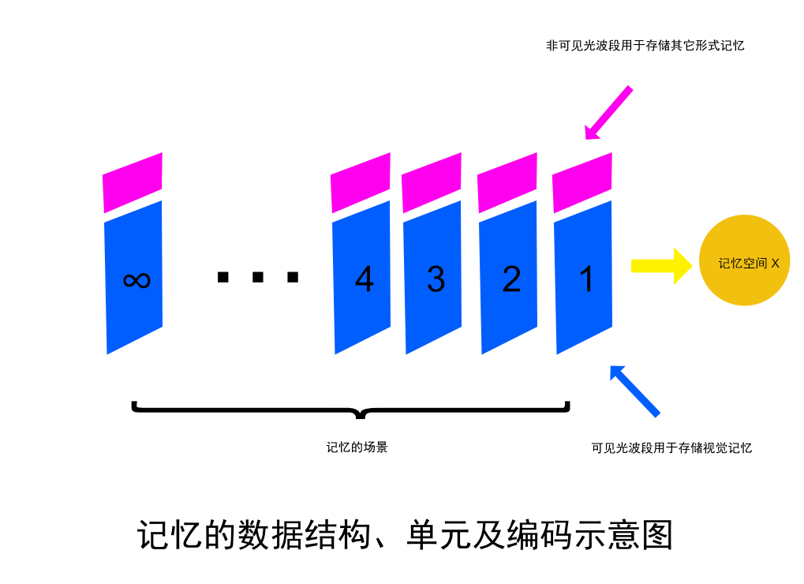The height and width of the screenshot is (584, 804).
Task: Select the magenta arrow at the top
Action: click(608, 111)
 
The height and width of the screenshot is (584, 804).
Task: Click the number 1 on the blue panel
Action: click(586, 279)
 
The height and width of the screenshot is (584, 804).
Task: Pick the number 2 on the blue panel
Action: click(511, 279)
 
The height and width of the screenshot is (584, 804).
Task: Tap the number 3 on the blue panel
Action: click(436, 279)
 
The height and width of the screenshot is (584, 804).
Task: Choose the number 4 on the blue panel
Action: click(364, 279)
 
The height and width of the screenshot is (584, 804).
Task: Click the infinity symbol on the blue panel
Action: click(136, 279)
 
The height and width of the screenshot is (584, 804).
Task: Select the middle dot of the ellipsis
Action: click(257, 277)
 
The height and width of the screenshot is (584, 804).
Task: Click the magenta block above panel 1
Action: click(583, 183)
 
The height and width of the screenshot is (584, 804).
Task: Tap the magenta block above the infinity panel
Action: click(133, 182)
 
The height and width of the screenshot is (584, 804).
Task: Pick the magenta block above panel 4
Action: click(361, 183)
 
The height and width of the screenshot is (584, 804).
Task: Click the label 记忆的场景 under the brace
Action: click(357, 447)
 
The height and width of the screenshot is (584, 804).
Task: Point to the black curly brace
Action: click(350, 410)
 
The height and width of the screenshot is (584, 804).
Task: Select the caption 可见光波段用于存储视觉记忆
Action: click(671, 448)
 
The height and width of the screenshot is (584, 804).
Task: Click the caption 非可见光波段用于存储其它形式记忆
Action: click(645, 46)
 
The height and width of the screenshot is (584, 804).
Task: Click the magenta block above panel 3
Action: click(432, 183)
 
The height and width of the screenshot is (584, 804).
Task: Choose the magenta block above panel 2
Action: click(508, 183)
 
